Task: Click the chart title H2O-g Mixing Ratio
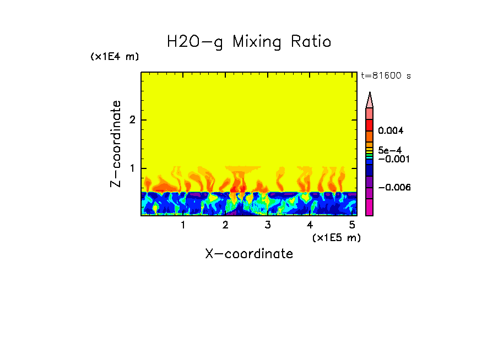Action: [249, 42]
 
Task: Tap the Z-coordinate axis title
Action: [116, 144]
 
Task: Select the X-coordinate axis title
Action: [249, 254]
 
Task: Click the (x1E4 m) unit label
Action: [115, 57]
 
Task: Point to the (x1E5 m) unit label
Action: [336, 237]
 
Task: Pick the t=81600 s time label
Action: [386, 76]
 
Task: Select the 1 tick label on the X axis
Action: [183, 225]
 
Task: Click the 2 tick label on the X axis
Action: [225, 225]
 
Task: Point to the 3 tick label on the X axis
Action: [267, 225]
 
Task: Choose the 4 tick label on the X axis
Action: [310, 225]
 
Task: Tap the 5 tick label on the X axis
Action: [351, 225]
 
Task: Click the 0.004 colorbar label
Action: [391, 131]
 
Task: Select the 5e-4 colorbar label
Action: [389, 150]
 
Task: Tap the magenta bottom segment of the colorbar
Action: [370, 207]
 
